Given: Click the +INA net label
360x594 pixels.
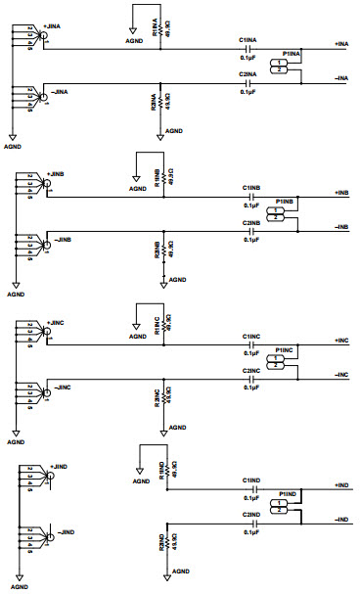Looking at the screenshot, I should (341, 45).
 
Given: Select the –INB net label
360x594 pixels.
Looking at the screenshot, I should (341, 227).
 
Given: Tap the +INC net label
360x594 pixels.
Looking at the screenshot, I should (341, 341).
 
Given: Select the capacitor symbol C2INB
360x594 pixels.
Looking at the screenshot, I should (251, 231).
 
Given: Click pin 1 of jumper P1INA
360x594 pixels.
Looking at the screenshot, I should (282, 63).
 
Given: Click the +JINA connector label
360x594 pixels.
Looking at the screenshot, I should (56, 30).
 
